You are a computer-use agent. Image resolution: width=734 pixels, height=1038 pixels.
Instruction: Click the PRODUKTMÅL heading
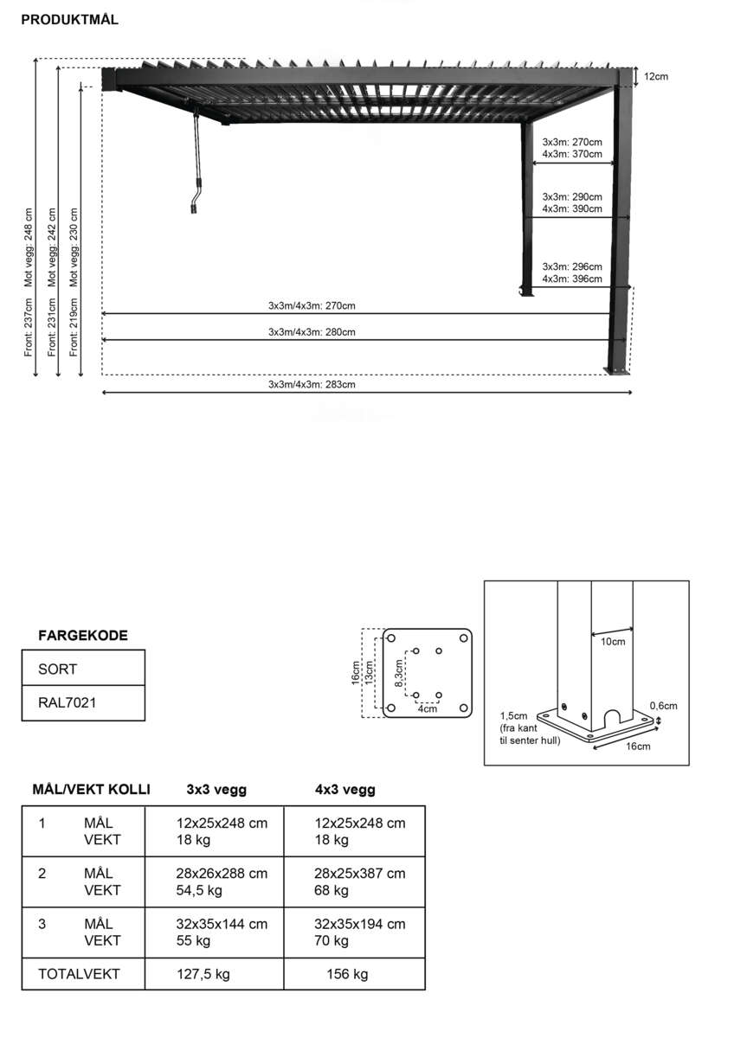(x=69, y=20)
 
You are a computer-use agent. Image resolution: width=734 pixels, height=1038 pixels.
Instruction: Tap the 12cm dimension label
(x=655, y=77)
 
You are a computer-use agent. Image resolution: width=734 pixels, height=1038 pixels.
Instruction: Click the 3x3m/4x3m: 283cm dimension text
(x=312, y=384)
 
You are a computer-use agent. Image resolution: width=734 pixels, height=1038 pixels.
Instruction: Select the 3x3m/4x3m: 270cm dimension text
(x=312, y=305)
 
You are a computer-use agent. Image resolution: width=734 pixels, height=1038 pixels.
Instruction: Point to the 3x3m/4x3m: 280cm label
(x=312, y=332)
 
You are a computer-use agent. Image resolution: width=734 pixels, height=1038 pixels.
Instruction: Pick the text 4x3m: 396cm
(x=571, y=279)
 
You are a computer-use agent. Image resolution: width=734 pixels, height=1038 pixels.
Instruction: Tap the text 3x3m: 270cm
(x=571, y=142)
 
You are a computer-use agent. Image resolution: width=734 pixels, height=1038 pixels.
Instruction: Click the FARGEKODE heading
(x=83, y=636)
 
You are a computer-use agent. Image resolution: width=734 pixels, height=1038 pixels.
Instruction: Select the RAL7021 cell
(x=68, y=702)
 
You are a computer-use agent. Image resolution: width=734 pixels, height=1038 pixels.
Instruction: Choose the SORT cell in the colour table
(x=57, y=669)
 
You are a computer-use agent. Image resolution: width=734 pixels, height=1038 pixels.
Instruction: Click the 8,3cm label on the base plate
(x=399, y=672)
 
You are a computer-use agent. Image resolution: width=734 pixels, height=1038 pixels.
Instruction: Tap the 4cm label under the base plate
(x=427, y=709)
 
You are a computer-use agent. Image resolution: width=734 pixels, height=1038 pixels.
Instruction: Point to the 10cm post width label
(x=613, y=642)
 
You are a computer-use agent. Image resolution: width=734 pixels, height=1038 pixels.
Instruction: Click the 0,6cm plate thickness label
(x=664, y=706)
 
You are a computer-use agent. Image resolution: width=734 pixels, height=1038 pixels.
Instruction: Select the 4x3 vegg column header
(x=344, y=790)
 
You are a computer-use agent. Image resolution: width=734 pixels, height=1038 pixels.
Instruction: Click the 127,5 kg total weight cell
(x=203, y=974)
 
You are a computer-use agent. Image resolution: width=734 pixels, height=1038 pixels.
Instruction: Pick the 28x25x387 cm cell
(x=359, y=874)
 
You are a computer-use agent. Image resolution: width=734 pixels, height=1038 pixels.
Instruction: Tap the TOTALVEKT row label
(x=79, y=974)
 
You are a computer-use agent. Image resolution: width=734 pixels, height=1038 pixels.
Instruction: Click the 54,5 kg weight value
(x=199, y=890)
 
